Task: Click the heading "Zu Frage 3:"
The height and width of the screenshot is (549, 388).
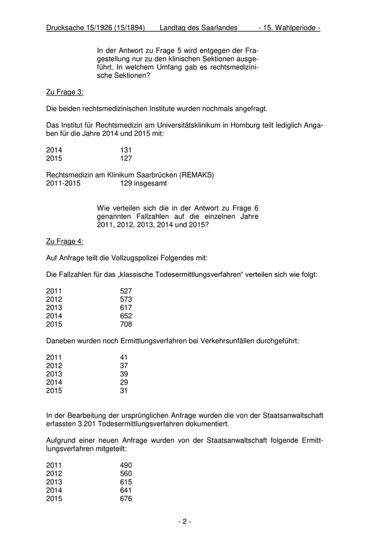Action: click(x=65, y=92)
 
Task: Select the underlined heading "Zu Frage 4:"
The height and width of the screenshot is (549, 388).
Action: click(x=65, y=241)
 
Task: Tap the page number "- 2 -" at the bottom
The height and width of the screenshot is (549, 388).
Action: click(x=185, y=521)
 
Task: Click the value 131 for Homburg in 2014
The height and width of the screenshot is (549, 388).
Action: click(x=126, y=150)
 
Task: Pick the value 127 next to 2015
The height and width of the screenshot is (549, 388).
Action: click(x=126, y=158)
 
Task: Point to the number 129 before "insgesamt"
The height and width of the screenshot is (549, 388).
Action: click(x=126, y=183)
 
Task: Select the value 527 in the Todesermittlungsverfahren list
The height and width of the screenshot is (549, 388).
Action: click(x=126, y=291)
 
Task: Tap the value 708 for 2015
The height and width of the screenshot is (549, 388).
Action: click(x=126, y=324)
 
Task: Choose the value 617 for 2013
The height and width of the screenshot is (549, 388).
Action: click(x=126, y=307)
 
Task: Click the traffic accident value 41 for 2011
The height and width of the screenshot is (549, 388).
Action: click(x=124, y=357)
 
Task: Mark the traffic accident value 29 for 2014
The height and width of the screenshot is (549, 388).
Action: click(x=124, y=382)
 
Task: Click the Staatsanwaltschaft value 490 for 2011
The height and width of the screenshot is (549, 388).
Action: click(x=126, y=465)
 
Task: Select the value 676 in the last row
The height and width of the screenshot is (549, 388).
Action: click(x=126, y=499)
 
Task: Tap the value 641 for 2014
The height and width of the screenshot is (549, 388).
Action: click(x=126, y=490)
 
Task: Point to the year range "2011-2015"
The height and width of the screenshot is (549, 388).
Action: click(x=63, y=183)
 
